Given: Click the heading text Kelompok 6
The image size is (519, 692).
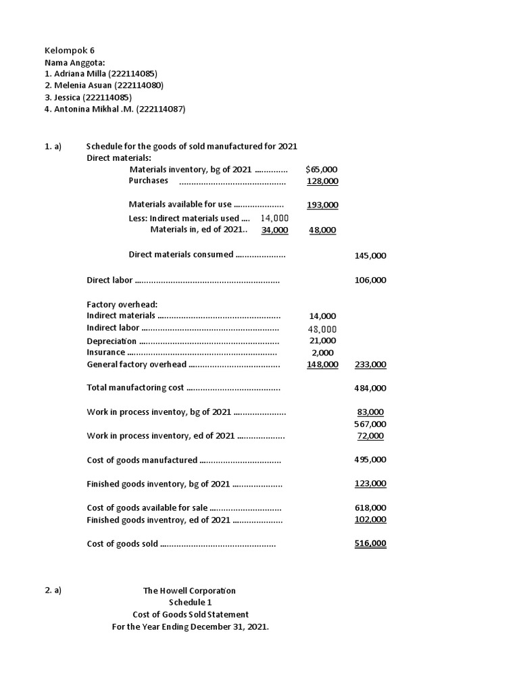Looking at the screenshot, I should click(x=65, y=51).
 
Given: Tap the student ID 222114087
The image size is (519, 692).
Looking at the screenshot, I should click(x=160, y=109).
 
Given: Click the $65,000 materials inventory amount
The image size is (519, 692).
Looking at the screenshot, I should click(x=322, y=170).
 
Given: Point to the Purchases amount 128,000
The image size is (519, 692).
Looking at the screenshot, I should click(x=322, y=181).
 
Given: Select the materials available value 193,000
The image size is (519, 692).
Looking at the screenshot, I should click(x=322, y=205).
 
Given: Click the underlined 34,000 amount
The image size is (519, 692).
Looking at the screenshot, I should click(x=274, y=230).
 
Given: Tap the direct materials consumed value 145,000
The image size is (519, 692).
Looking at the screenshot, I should click(x=370, y=255).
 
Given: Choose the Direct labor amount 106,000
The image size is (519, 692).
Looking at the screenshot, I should click(x=370, y=280).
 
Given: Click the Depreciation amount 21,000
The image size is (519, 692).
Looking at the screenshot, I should click(x=322, y=341).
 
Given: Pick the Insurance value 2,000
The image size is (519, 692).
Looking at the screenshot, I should click(x=322, y=352).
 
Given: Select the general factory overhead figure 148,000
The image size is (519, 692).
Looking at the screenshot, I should click(x=322, y=364).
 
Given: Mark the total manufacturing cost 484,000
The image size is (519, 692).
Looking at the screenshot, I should click(x=370, y=388).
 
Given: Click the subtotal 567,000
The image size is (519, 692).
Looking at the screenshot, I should click(x=370, y=424).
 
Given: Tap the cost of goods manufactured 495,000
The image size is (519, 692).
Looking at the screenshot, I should click(x=370, y=460).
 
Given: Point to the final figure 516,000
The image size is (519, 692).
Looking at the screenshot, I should click(x=370, y=543).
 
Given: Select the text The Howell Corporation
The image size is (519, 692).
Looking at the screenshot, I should click(x=189, y=591).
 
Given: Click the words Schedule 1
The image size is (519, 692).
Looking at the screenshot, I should click(x=190, y=603).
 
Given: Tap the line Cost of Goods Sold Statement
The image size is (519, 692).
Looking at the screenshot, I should click(x=191, y=614).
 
